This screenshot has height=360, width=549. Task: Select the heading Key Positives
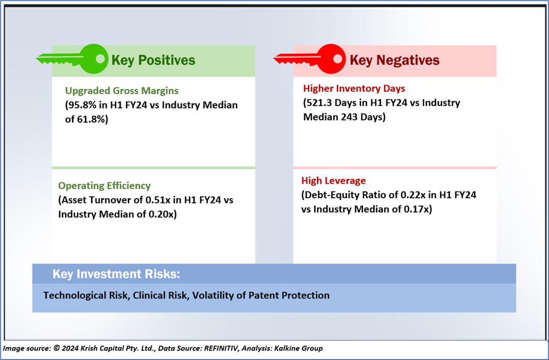pyautogui.click(x=153, y=60)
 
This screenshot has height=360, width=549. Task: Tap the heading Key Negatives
pyautogui.click(x=394, y=60)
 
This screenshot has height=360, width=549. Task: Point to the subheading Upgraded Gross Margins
pyautogui.click(x=122, y=90)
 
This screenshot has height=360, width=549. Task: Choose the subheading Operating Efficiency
pyautogui.click(x=104, y=186)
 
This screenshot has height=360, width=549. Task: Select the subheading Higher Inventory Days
pyautogui.click(x=354, y=88)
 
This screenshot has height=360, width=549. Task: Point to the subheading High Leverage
pyautogui.click(x=334, y=181)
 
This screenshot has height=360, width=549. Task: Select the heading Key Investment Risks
pyautogui.click(x=116, y=274)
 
